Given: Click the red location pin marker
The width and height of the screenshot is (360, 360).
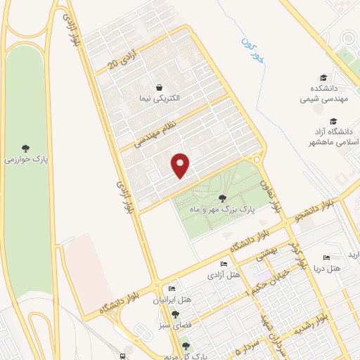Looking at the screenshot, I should (181, 165).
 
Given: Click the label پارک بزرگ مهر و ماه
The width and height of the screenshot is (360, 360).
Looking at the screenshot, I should (221, 209).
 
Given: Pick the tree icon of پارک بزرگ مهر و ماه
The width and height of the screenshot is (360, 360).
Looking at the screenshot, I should (222, 198).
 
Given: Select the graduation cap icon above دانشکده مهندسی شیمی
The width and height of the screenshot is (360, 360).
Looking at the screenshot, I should (323, 77).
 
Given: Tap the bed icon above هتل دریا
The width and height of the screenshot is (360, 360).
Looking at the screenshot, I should (326, 258).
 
